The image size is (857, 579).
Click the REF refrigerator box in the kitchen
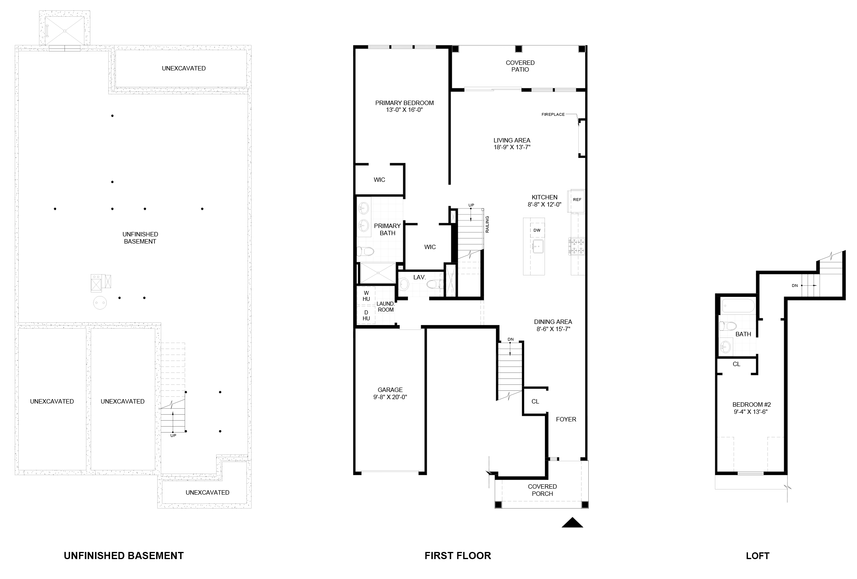tap(578, 201)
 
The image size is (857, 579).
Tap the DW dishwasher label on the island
tap(537, 230)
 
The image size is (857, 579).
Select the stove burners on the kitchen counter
tap(578, 246)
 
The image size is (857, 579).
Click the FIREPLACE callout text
tap(553, 115)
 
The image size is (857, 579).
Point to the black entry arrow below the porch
tap(572, 522)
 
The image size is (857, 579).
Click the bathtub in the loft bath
tap(739, 306)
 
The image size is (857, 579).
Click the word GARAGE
tap(390, 390)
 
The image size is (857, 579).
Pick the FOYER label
tap(566, 419)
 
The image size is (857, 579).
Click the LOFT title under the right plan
tap(757, 556)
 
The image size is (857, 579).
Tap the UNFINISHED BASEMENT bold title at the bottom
tap(124, 556)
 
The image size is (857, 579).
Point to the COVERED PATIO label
tap(520, 66)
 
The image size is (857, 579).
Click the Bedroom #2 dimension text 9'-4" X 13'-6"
tap(750, 412)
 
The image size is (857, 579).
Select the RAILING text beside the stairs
tap(487, 224)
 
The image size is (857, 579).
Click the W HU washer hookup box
tap(366, 296)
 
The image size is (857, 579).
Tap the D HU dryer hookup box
tap(366, 315)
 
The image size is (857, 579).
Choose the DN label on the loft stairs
tap(795, 286)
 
